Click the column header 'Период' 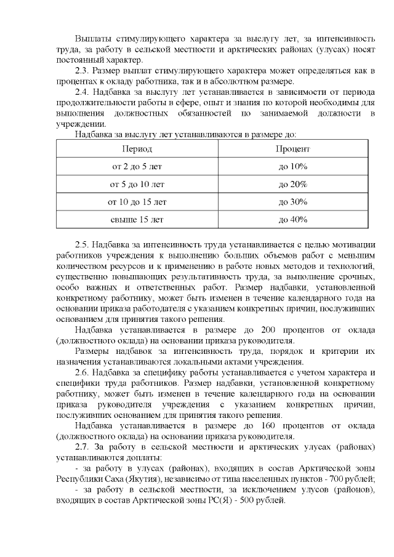click(x=137, y=149)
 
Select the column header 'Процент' click(x=292, y=149)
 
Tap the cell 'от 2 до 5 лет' click(x=137, y=166)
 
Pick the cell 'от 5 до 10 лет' click(x=137, y=184)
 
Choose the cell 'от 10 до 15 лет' click(x=137, y=201)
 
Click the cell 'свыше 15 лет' click(x=137, y=219)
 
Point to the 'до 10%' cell click(x=292, y=166)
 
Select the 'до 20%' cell click(x=292, y=184)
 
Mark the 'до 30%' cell click(x=292, y=201)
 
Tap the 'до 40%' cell click(x=292, y=219)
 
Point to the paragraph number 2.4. click(x=82, y=92)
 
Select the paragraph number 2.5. click(x=82, y=244)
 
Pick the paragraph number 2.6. click(x=82, y=372)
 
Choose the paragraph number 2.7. click(x=82, y=446)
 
